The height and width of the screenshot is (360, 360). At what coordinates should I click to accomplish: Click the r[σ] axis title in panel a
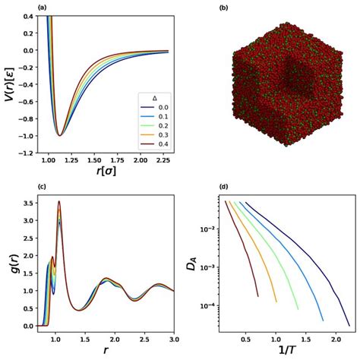(106, 172)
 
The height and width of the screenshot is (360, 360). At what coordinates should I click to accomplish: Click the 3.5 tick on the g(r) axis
(27, 203)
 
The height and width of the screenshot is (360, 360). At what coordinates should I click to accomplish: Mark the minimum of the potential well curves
(59, 135)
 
